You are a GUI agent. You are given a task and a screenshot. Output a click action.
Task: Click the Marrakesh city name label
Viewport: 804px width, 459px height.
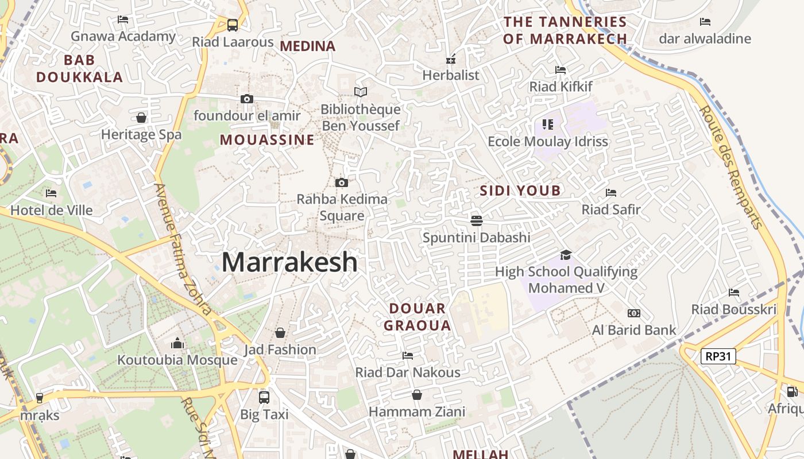click(x=289, y=263)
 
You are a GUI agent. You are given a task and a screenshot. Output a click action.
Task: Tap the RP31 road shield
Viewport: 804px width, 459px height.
click(x=718, y=356)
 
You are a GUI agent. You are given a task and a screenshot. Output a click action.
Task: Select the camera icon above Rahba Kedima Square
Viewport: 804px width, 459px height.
click(x=342, y=183)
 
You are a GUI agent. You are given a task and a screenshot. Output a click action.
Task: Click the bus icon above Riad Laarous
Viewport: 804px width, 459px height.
click(x=233, y=25)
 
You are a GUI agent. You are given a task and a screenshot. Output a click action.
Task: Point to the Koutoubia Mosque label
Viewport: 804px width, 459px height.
click(x=177, y=360)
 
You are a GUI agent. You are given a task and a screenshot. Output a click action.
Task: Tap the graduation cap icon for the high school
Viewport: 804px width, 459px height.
click(x=566, y=255)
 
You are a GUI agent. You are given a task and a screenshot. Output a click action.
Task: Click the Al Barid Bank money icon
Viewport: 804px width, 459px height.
click(x=634, y=313)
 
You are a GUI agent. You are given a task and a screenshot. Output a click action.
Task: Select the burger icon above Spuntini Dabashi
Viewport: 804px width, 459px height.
click(x=476, y=220)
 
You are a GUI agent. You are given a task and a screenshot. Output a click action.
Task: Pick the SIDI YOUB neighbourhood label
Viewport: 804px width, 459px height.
click(x=520, y=190)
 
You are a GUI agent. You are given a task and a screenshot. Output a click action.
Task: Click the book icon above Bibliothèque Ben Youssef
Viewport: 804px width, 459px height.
click(x=361, y=92)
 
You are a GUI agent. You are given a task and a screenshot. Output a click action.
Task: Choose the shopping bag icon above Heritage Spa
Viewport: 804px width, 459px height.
click(x=141, y=118)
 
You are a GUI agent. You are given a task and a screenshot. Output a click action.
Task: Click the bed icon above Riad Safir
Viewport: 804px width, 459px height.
click(x=611, y=193)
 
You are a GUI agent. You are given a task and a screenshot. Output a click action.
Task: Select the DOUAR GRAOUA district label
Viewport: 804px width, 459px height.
click(x=418, y=317)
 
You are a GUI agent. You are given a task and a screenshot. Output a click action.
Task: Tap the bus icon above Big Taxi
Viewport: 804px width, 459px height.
click(x=264, y=397)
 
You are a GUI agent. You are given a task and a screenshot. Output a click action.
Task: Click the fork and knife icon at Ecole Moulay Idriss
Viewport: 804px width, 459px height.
click(x=547, y=124)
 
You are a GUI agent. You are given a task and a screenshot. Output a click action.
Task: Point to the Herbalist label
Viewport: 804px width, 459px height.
click(x=451, y=75)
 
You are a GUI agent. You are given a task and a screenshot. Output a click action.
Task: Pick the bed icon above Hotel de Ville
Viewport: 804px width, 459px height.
click(x=51, y=193)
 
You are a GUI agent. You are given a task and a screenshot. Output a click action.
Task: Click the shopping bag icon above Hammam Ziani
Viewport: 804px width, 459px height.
click(x=417, y=395)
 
